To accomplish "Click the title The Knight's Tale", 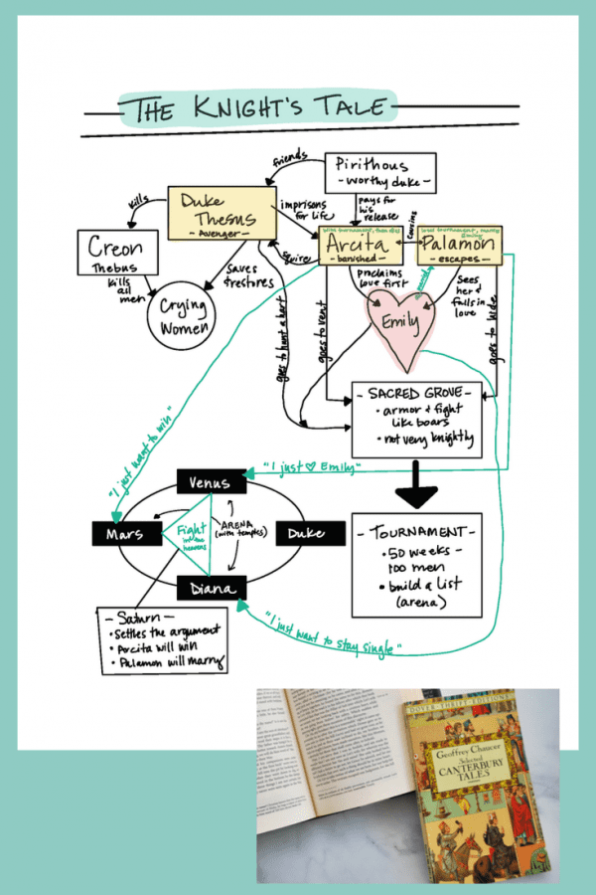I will coord(255,108).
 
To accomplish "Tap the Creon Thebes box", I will coord(115,252).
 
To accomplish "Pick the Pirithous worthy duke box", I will coord(381,171).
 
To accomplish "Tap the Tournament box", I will coord(417,564).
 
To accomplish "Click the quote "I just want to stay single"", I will coord(328,634).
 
